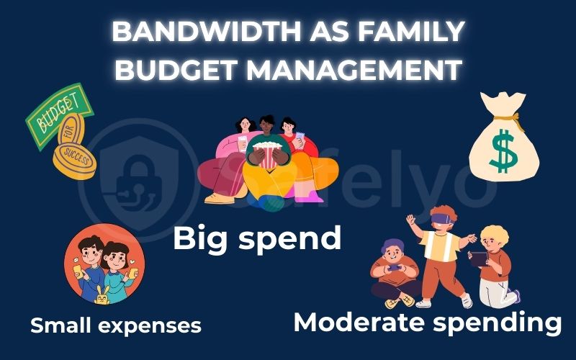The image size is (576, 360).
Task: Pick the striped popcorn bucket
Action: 267,154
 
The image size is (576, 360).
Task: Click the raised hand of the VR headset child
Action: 410,217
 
